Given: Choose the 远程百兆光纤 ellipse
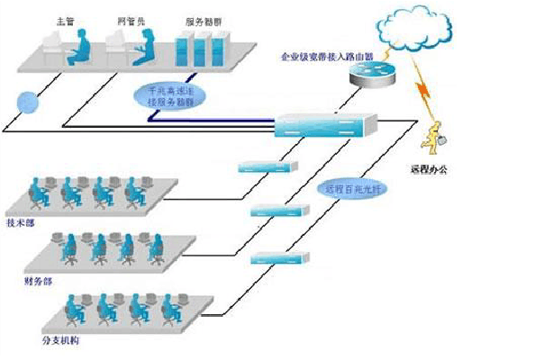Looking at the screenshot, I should click(x=349, y=189).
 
